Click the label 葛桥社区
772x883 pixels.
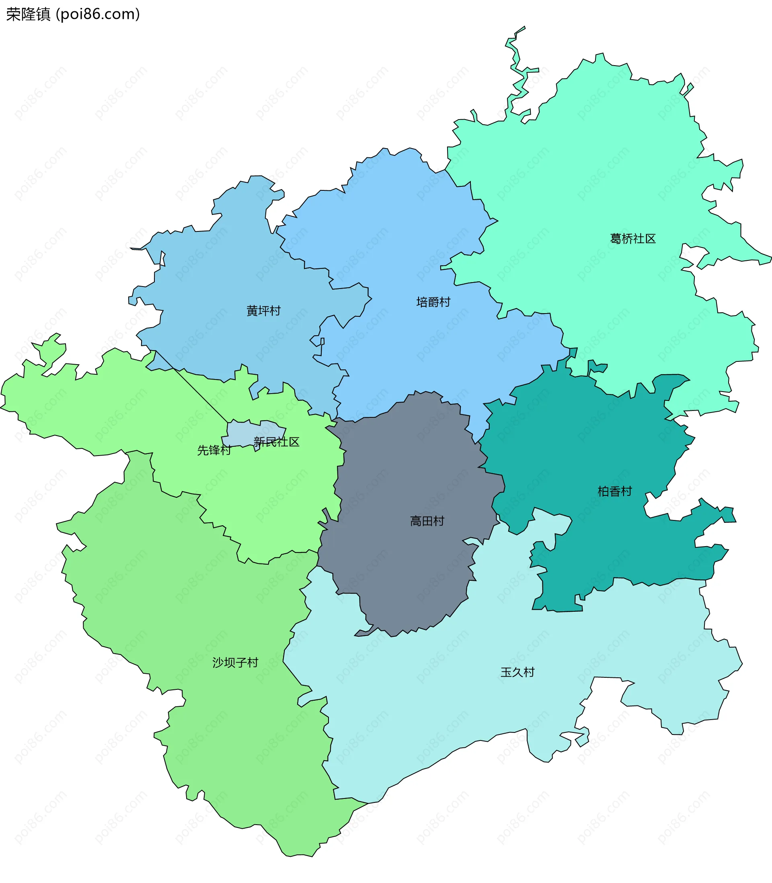(x=632, y=239)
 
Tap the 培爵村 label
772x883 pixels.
(x=433, y=302)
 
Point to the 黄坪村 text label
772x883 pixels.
(x=263, y=310)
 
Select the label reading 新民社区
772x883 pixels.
(x=276, y=442)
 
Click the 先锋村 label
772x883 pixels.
(x=214, y=450)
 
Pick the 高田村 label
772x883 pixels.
(x=427, y=521)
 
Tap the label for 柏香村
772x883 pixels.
(x=614, y=491)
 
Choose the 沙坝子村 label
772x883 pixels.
(x=235, y=662)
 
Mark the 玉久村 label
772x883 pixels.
(x=517, y=672)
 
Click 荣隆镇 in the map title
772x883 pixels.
(x=29, y=14)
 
